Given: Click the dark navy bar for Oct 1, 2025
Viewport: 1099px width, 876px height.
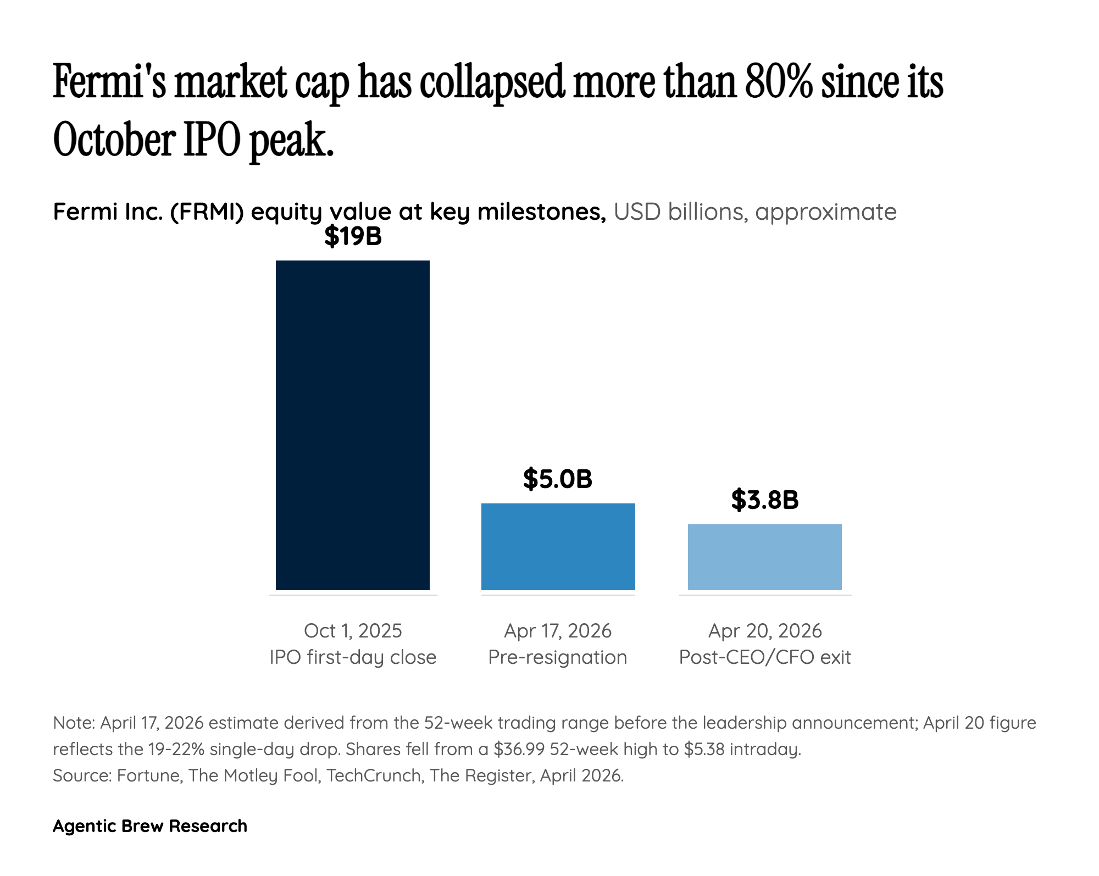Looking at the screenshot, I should tap(352, 425).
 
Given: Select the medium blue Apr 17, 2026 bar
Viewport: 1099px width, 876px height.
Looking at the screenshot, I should tap(558, 546).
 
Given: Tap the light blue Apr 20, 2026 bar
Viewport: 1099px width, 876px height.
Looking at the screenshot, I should tap(764, 557).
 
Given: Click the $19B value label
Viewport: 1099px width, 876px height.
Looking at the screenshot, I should tap(353, 236).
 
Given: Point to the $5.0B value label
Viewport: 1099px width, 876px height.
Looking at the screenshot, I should tap(557, 479).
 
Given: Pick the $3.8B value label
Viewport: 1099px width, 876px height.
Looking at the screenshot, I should tap(764, 500).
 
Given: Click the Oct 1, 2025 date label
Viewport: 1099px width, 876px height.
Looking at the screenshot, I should tap(353, 630).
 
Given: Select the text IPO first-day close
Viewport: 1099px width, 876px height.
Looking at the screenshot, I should tap(353, 657).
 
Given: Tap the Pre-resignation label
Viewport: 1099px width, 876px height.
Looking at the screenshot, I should tap(557, 657).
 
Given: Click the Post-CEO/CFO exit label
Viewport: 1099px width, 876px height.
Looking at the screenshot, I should tap(764, 657).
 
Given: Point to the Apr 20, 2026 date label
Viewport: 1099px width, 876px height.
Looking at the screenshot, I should tap(764, 630).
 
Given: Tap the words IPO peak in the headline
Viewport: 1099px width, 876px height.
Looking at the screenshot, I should tap(258, 140).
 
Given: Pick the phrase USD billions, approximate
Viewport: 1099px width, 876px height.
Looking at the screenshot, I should tap(754, 212).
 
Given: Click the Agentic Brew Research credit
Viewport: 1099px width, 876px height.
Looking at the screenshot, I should tap(150, 826).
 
